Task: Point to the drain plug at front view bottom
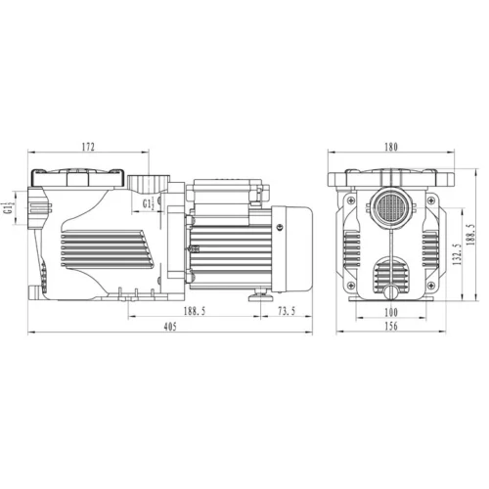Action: pos(389,292)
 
